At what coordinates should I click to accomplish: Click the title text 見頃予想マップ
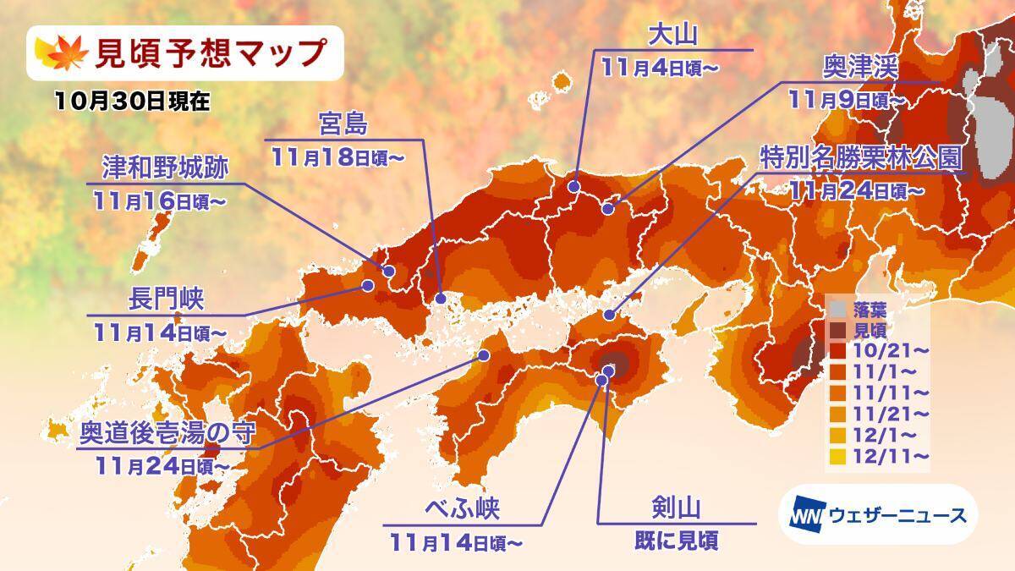pos(208,53)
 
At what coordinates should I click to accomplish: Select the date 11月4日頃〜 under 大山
pos(659,67)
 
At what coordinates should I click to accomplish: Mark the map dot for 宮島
pos(441,299)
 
